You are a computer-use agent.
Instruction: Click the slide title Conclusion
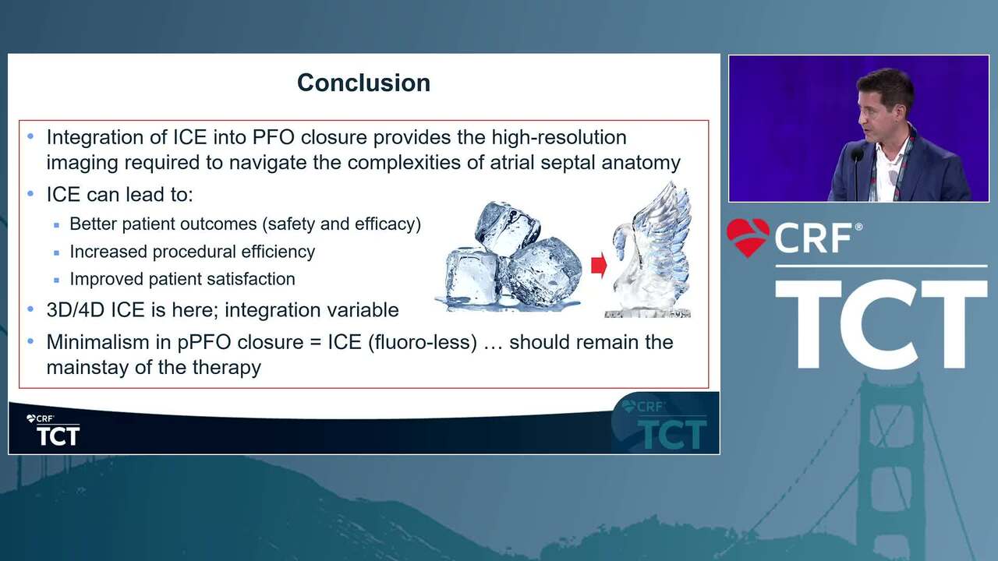363,83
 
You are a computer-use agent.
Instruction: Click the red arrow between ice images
599,266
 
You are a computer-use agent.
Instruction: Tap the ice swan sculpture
650,249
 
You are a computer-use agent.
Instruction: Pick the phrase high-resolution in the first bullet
559,138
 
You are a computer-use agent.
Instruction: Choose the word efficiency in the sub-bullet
278,252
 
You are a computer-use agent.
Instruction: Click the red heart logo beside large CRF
748,237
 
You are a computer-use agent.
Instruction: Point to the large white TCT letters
881,324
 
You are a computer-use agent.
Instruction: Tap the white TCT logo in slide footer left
58,436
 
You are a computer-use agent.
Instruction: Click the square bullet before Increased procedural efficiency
56,253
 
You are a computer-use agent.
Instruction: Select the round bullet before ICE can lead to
30,194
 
